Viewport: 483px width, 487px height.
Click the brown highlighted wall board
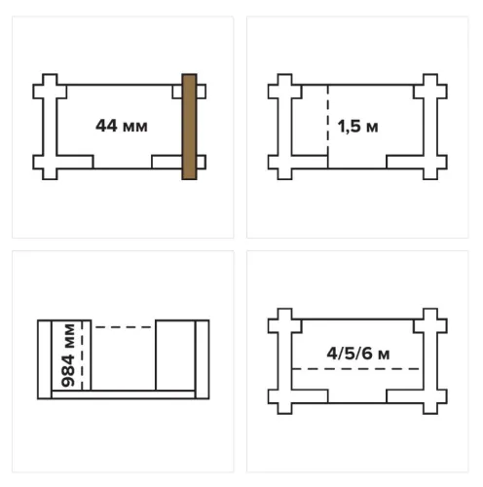189,127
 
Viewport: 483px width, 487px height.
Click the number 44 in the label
106,126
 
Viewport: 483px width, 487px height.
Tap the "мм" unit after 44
135,127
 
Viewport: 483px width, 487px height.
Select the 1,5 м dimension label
357,127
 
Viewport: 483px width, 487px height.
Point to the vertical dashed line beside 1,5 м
328,127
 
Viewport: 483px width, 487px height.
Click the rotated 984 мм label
68,356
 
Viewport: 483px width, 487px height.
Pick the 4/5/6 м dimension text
358,354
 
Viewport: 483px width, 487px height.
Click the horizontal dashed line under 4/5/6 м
355,369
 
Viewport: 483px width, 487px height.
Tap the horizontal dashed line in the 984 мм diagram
124,327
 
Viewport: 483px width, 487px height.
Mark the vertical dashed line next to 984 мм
82,356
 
